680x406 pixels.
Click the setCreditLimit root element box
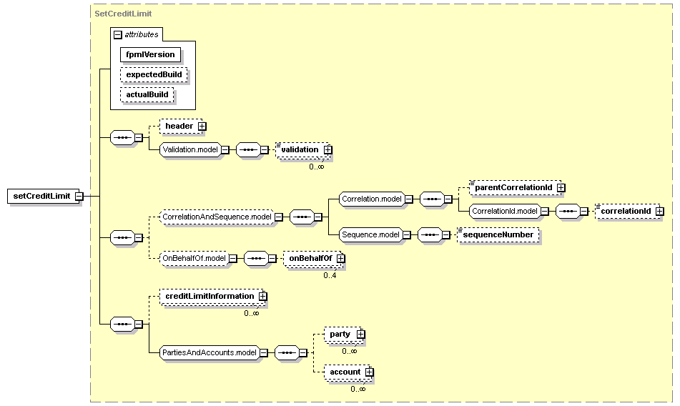(44, 196)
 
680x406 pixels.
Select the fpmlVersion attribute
(150, 54)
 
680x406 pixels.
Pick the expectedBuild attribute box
(154, 74)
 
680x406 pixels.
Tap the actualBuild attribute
(147, 94)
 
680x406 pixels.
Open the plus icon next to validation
(328, 149)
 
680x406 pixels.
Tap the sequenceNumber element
(498, 235)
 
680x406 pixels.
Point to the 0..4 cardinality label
(330, 275)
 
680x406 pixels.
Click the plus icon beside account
(369, 372)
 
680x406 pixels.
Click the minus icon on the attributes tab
(118, 34)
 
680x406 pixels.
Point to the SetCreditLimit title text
(123, 14)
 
